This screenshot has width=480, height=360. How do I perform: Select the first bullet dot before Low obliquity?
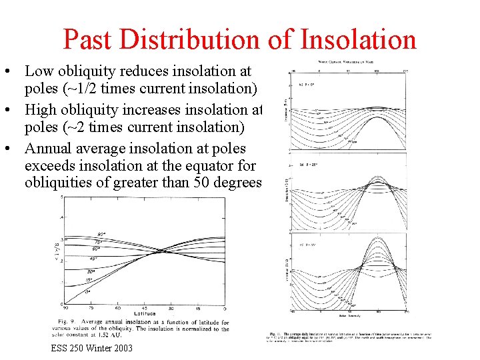click(14, 71)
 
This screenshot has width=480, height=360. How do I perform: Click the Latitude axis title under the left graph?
click(145, 312)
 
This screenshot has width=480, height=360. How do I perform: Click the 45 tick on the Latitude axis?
click(144, 307)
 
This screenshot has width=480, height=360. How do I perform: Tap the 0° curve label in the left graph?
click(88, 291)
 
